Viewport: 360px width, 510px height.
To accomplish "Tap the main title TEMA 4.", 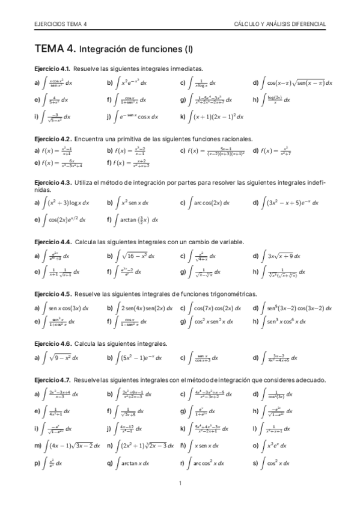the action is click(x=55, y=48).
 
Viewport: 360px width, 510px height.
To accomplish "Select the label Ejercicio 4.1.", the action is click(x=52, y=69).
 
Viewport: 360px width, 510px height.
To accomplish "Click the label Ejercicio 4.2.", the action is click(x=53, y=138).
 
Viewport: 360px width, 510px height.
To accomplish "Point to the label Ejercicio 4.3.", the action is click(x=53, y=182).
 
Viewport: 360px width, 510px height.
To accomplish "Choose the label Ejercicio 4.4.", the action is click(x=53, y=242).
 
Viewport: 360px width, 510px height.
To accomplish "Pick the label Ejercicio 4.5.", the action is click(x=53, y=294).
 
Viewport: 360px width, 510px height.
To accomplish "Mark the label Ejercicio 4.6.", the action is click(x=53, y=343).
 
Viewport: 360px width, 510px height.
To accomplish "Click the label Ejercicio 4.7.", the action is click(x=53, y=380).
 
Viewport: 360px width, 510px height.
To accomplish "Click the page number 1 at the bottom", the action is click(x=180, y=484).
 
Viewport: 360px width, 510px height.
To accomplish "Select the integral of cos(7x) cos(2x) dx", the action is click(x=217, y=308).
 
